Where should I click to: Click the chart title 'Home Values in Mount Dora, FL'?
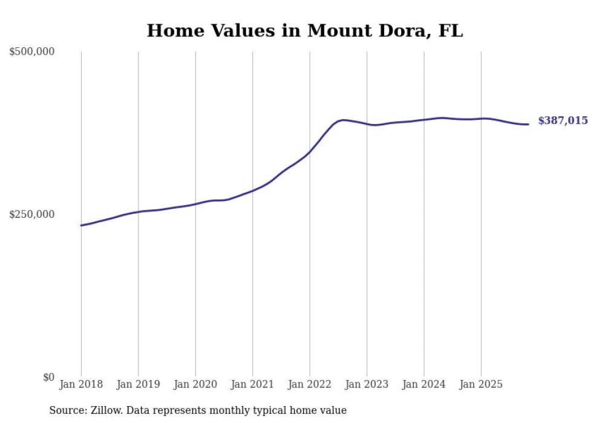pos(304,31)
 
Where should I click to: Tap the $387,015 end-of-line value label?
pos(563,121)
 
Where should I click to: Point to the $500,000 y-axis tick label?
pos(32,52)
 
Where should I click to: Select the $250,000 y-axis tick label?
pos(32,214)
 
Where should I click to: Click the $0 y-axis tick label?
pos(48,377)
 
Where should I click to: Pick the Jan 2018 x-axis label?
pos(81,384)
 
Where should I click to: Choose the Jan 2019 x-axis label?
pos(139,384)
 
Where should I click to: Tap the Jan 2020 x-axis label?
pos(195,384)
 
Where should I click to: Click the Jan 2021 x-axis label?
pos(252,384)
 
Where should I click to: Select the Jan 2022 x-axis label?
pos(310,384)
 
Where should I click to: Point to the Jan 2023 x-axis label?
pos(367,384)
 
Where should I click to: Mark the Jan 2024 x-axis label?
pos(424,384)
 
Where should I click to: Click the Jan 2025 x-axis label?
pos(481,384)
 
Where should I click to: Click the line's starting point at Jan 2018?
pos(81,225)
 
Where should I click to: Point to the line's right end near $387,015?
pos(528,124)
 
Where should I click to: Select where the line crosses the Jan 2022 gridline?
pos(310,151)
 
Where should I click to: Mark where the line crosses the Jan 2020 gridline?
pos(195,203)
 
